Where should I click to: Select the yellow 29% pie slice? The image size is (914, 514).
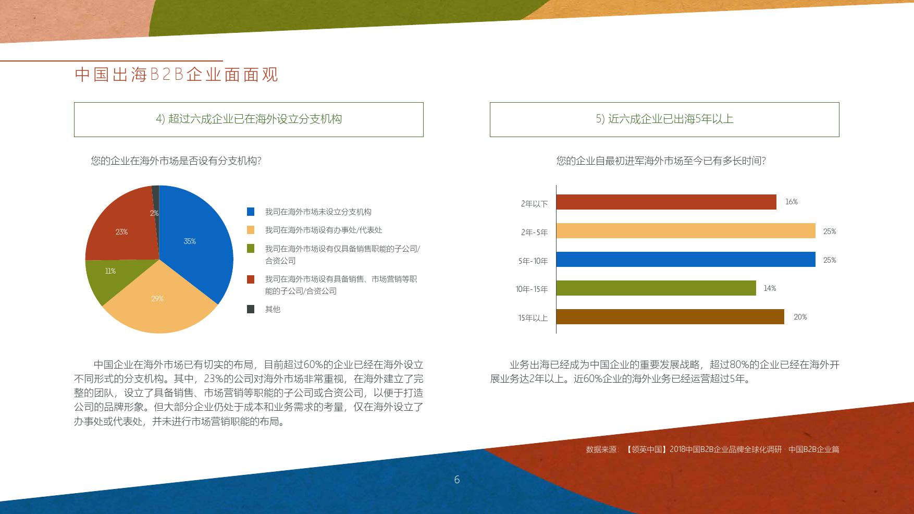(x=159, y=302)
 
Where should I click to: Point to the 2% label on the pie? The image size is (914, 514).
(x=154, y=213)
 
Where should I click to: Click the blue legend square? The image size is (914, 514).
(x=251, y=212)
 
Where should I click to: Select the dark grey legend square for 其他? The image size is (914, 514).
(x=251, y=309)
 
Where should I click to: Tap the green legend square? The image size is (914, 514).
(x=251, y=249)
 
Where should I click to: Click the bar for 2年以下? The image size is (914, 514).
(x=666, y=202)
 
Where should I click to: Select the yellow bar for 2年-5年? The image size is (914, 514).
(x=686, y=231)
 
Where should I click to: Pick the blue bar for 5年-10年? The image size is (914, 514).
(x=686, y=260)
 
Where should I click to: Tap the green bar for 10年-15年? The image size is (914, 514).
(x=656, y=288)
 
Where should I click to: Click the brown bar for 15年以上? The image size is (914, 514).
(x=670, y=317)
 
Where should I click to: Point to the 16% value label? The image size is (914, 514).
(x=792, y=202)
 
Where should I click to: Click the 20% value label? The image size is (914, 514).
(x=800, y=317)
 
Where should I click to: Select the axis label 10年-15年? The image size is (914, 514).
(x=532, y=289)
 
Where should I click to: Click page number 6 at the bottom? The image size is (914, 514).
(x=457, y=480)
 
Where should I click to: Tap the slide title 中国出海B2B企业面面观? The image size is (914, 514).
(x=177, y=75)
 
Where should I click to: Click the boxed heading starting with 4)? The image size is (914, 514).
(x=249, y=119)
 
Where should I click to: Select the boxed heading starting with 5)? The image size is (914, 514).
(x=664, y=119)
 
